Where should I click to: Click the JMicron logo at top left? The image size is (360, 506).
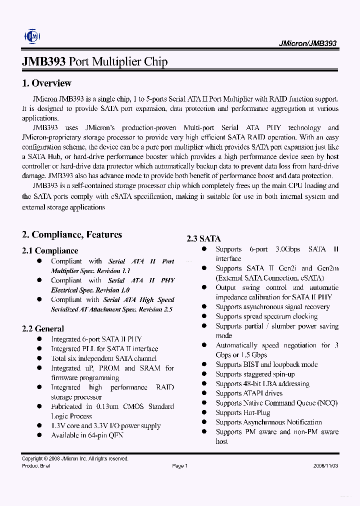point(33,36)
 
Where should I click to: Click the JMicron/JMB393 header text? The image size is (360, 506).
point(307,43)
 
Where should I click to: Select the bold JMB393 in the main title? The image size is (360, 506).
point(44,62)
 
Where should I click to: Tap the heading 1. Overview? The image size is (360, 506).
point(46,83)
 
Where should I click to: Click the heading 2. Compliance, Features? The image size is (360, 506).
point(71,235)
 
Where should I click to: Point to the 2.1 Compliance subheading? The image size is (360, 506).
point(50,251)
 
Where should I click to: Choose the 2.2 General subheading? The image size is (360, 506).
point(43,329)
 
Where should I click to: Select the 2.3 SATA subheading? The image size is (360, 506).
point(203,239)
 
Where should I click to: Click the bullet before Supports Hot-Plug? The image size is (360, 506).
point(204,412)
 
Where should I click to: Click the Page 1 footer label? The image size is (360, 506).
point(179,466)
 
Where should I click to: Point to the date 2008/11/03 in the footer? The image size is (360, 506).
point(325,466)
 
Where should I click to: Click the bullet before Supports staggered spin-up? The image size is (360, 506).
point(204,374)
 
